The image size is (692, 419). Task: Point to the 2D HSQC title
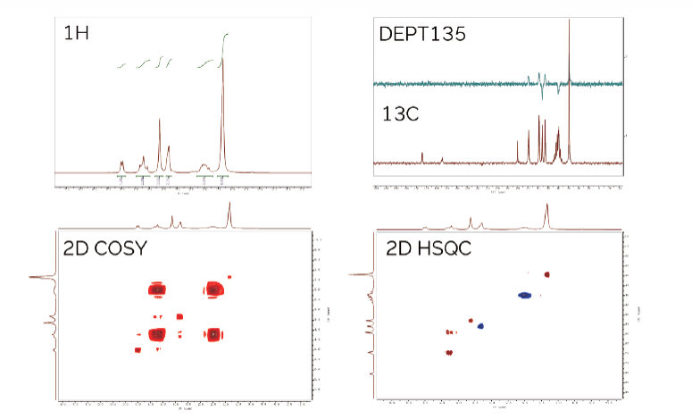pyautogui.click(x=426, y=247)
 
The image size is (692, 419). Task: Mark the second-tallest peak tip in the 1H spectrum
pyautogui.click(x=160, y=120)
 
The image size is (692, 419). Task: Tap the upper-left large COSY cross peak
pyautogui.click(x=158, y=289)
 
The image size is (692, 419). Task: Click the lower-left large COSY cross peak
pyautogui.click(x=158, y=334)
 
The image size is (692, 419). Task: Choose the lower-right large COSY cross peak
pyautogui.click(x=214, y=334)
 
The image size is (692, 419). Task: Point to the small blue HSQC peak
pyautogui.click(x=480, y=326)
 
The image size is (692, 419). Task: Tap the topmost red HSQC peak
pyautogui.click(x=547, y=274)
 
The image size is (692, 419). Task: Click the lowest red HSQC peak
pyautogui.click(x=449, y=352)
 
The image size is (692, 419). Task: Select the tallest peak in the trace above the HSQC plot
pyautogui.click(x=547, y=207)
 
